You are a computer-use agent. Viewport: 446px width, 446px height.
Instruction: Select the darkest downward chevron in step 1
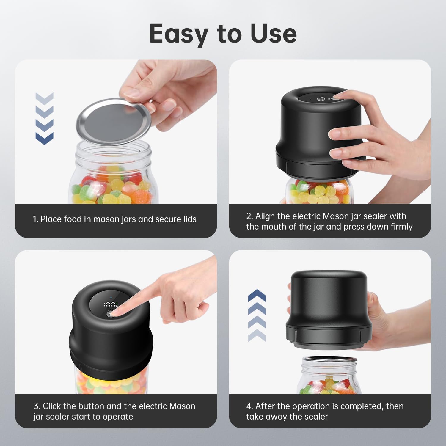point(44,139)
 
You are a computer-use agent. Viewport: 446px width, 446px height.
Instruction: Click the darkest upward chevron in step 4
point(257,295)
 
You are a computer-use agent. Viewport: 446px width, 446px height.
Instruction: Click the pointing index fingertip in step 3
point(117,312)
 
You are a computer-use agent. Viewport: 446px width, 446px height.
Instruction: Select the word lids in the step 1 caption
point(188,219)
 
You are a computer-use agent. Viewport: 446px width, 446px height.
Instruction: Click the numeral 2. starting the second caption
point(249,216)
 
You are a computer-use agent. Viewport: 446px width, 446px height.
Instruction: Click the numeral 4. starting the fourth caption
point(249,406)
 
